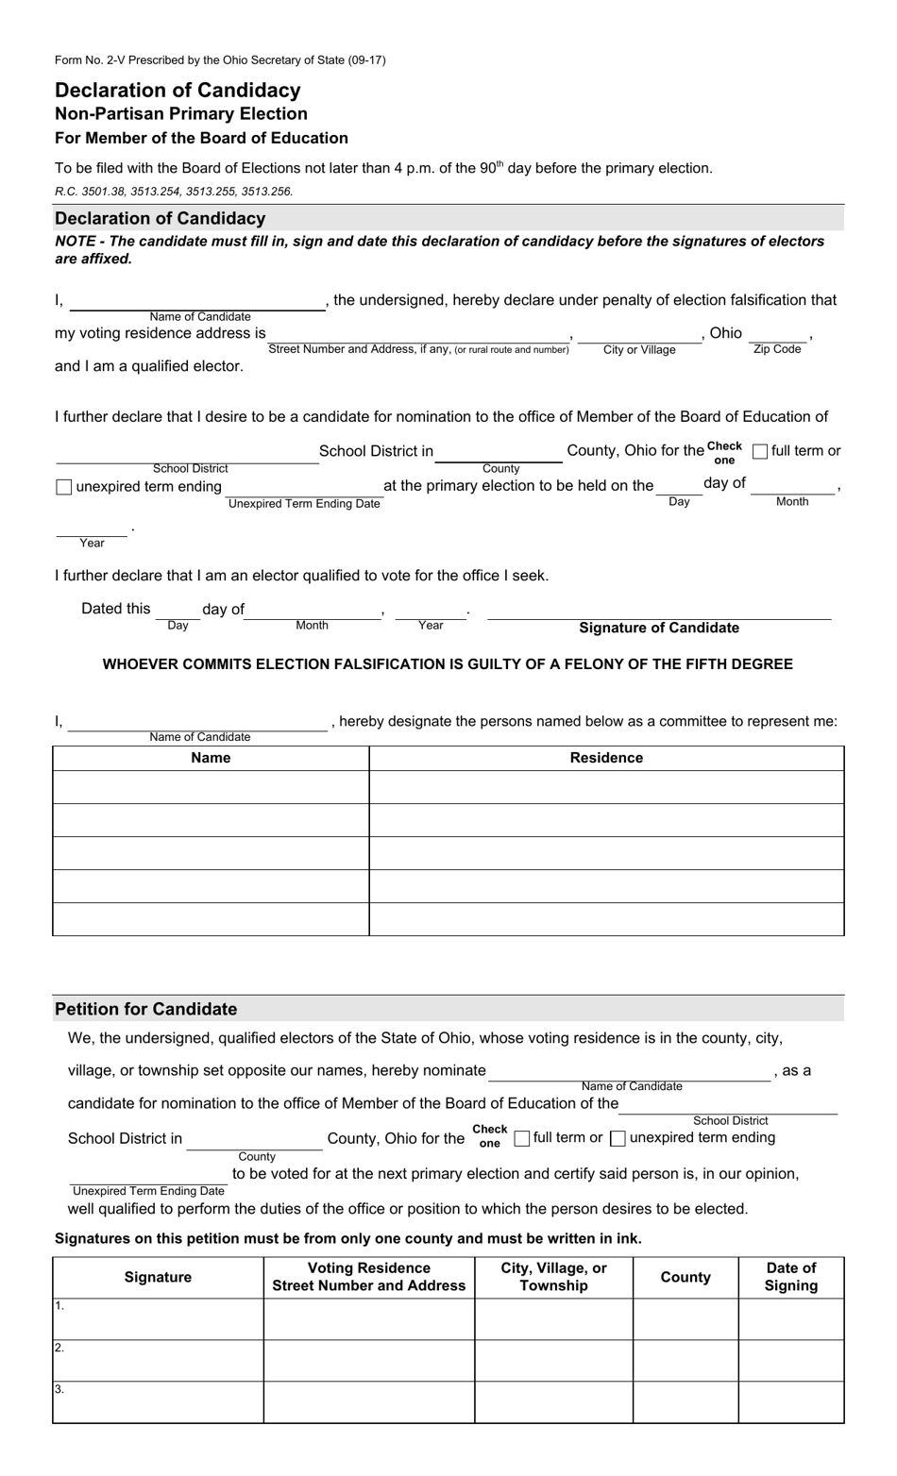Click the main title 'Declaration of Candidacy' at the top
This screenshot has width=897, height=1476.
[178, 91]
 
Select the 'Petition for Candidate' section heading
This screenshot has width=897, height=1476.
[146, 1009]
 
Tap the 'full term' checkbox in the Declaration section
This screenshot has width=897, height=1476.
[760, 452]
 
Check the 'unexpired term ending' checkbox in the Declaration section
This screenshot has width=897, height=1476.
[64, 488]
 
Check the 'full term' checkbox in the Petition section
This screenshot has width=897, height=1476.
[522, 1139]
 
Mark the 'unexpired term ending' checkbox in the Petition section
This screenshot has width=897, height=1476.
[618, 1139]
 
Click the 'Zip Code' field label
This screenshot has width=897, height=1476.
[777, 349]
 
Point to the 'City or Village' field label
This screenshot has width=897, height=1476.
[639, 350]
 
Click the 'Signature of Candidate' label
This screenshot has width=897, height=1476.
[659, 628]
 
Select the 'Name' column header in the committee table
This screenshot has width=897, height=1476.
[211, 758]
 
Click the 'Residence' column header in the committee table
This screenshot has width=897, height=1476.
[606, 758]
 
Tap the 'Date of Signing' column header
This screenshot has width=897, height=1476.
[791, 1277]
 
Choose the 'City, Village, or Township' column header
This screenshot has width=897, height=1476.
[553, 1277]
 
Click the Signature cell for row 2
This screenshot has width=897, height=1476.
[158, 1361]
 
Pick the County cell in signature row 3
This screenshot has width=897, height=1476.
[685, 1402]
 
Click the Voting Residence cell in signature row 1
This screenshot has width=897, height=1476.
[368, 1319]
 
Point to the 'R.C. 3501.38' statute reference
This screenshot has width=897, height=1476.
[93, 191]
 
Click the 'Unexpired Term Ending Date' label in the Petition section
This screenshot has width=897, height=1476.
[149, 1191]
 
